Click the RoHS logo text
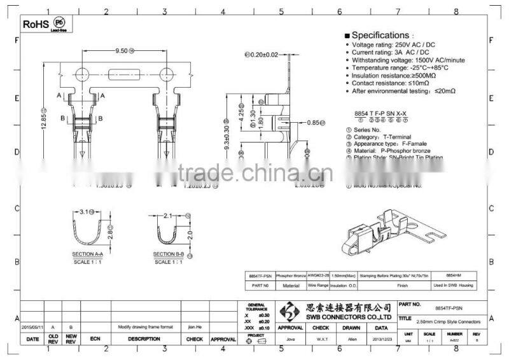click(36, 24)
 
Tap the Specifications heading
click(380, 35)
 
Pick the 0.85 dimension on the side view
click(314, 122)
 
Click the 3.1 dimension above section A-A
click(87, 211)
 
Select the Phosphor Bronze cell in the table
click(291, 277)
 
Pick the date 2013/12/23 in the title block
click(380, 339)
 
